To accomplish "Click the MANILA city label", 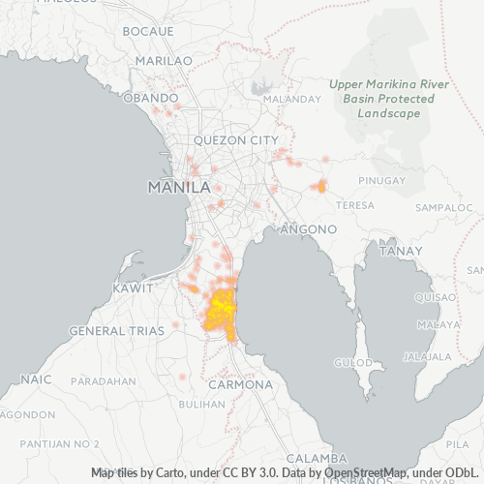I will click(x=178, y=186).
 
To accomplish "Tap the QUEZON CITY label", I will click(x=235, y=139).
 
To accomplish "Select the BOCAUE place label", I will click(x=148, y=31).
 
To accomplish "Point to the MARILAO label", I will click(x=158, y=60).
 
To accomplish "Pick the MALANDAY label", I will click(x=291, y=99).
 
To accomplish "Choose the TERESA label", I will click(x=354, y=206).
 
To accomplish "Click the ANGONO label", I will click(x=308, y=229).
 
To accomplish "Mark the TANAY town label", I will click(x=401, y=251).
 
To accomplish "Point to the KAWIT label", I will click(x=133, y=288).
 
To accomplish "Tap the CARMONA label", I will click(x=241, y=384).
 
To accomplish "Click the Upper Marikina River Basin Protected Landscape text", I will click(x=388, y=99).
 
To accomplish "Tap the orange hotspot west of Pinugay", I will click(x=320, y=186).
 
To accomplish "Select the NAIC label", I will click(x=35, y=378).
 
